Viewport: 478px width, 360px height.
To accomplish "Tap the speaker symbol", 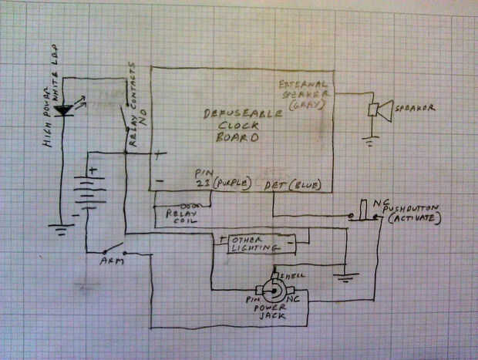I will (379, 110).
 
